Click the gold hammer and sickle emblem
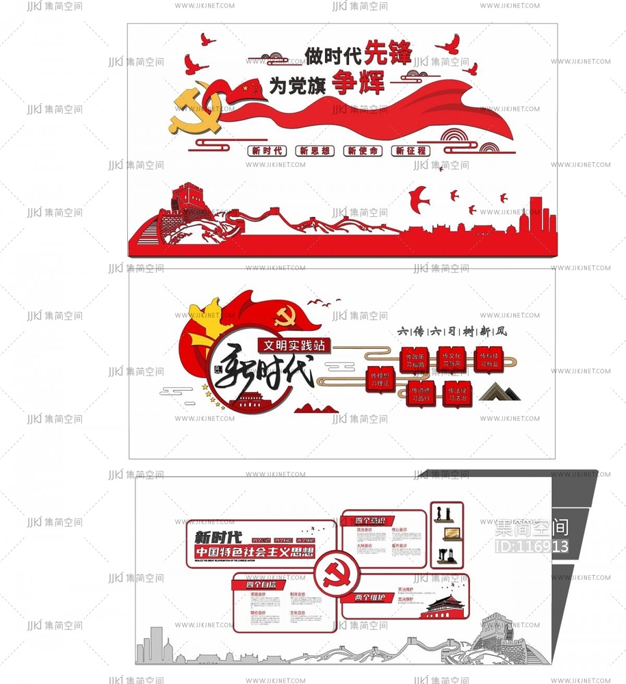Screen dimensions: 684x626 click(196, 109)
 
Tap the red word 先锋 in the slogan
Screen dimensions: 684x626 click(386, 51)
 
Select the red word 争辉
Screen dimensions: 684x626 click(358, 83)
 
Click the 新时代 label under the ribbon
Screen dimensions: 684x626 click(267, 151)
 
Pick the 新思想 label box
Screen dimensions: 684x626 click(314, 151)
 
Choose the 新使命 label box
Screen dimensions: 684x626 click(362, 151)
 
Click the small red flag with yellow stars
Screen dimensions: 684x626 click(249, 88)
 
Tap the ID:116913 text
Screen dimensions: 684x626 click(532, 546)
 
